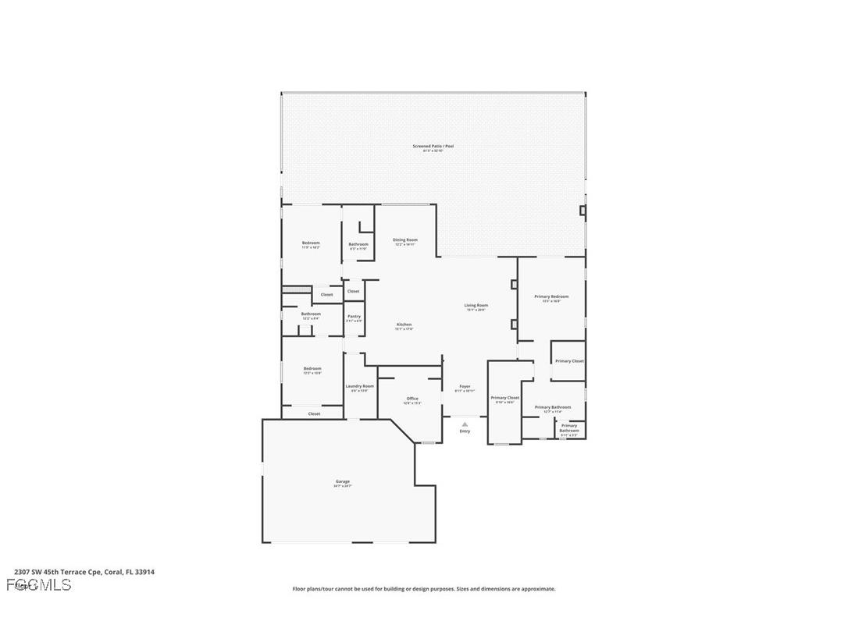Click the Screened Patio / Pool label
pyautogui.click(x=433, y=146)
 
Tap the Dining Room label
pyautogui.click(x=404, y=240)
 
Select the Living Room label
pyautogui.click(x=476, y=306)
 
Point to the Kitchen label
pyautogui.click(x=404, y=325)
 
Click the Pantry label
pyautogui.click(x=354, y=317)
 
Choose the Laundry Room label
pyautogui.click(x=359, y=386)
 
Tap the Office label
pyautogui.click(x=412, y=399)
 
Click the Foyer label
pyautogui.click(x=465, y=387)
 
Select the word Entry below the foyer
pyautogui.click(x=465, y=431)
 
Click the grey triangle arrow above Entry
pyautogui.click(x=465, y=424)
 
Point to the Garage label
pyautogui.click(x=343, y=482)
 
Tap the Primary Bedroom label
pyautogui.click(x=551, y=296)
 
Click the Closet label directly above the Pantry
pyautogui.click(x=353, y=291)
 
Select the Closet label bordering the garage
pyautogui.click(x=314, y=413)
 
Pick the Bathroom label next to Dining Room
pyautogui.click(x=358, y=243)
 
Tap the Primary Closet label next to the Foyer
pyautogui.click(x=504, y=398)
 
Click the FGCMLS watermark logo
pyautogui.click(x=38, y=584)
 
